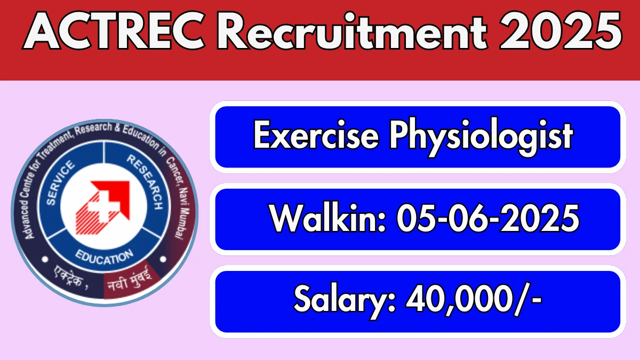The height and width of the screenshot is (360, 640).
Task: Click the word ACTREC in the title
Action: click(x=114, y=31)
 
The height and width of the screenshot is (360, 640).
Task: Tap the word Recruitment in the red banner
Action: click(x=351, y=31)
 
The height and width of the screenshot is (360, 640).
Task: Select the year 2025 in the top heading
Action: click(x=559, y=31)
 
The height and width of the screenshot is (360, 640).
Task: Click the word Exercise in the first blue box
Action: click(x=316, y=134)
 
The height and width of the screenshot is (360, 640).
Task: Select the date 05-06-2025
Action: click(x=487, y=218)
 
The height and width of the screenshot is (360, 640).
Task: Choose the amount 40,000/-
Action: click(x=474, y=300)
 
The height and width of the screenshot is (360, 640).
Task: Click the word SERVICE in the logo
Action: click(x=60, y=183)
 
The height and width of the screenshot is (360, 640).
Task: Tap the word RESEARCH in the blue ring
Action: click(x=145, y=182)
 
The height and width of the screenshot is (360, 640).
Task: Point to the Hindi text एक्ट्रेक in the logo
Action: click(x=70, y=277)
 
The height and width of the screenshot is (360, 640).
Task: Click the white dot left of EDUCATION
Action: click(x=45, y=259)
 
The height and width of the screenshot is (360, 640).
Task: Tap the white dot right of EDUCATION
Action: click(x=163, y=259)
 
